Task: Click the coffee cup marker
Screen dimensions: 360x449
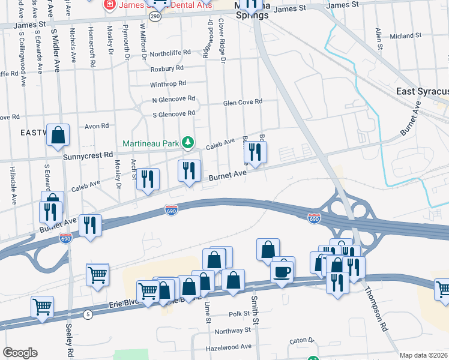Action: click(x=283, y=271)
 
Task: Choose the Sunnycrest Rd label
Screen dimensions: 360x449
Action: click(x=88, y=154)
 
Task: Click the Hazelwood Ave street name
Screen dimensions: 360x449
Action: click(x=229, y=347)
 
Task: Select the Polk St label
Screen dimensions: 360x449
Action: click(x=238, y=314)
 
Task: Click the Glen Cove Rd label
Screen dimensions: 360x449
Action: click(x=243, y=102)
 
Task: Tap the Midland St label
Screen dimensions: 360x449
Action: click(x=402, y=36)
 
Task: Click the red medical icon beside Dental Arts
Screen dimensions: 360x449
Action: click(x=110, y=5)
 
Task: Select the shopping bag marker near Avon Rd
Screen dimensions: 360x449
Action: click(x=58, y=136)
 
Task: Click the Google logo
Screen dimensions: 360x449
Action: click(x=20, y=353)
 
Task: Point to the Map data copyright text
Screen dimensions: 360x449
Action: click(x=424, y=355)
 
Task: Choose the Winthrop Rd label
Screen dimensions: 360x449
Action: click(x=168, y=83)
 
